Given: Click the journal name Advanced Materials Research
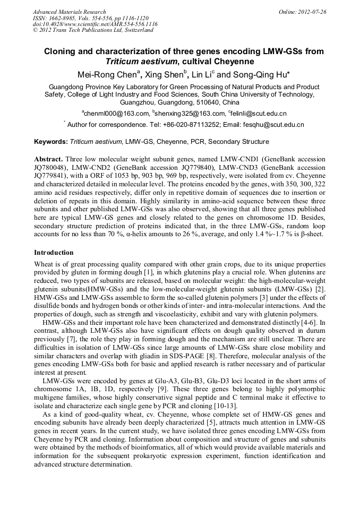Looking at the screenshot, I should (x=69, y=12).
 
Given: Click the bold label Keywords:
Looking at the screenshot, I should (x=51, y=142).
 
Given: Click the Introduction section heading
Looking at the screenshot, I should (x=54, y=253).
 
